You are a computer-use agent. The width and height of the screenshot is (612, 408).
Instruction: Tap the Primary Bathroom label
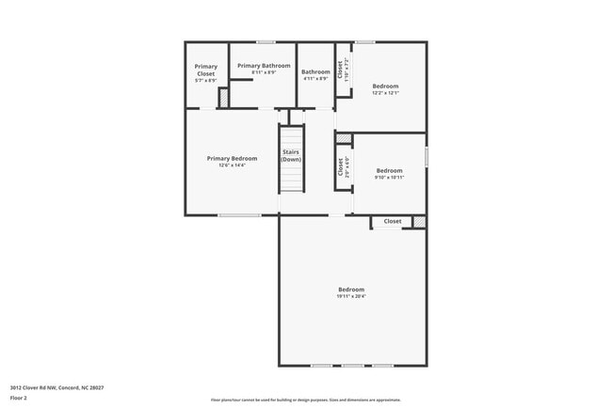264,66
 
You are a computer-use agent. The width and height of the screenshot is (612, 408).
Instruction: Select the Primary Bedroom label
232,158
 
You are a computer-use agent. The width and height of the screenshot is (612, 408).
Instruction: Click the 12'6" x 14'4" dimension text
232,166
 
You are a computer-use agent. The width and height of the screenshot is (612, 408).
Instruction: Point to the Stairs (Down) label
291,155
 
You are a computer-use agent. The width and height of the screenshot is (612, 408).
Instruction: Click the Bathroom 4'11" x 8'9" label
315,74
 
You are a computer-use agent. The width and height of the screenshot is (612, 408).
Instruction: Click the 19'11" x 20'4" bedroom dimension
351,297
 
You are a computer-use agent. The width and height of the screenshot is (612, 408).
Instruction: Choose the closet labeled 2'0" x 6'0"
341,167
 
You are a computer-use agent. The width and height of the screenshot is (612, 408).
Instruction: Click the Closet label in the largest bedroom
392,222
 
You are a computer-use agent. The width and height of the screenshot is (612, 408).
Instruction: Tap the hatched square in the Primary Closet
223,98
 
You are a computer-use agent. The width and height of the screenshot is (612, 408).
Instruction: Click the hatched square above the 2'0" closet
344,139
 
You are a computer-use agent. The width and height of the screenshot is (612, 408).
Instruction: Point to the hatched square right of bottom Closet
418,222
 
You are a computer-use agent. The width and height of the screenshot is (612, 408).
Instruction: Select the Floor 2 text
20,398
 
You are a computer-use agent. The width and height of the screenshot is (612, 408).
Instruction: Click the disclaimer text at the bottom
305,400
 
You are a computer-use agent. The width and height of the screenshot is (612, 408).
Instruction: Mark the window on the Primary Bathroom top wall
266,41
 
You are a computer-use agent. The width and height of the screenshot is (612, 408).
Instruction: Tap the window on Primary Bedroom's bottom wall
239,215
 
